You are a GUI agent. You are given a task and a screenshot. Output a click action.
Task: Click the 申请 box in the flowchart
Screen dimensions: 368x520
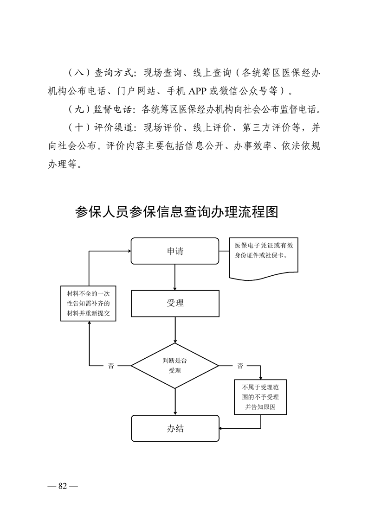click(175, 251)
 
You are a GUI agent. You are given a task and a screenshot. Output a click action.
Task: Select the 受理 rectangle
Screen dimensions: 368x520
click(175, 304)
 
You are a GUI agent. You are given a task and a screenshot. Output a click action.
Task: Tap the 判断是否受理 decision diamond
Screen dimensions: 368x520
click(175, 366)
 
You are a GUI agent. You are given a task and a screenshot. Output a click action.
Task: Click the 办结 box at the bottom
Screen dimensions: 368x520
click(175, 429)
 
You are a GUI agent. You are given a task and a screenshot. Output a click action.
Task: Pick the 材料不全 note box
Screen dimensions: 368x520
click(88, 304)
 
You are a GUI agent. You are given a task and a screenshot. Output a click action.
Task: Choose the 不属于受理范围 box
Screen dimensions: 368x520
click(260, 397)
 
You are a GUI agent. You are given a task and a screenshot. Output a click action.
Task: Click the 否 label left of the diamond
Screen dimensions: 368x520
click(111, 366)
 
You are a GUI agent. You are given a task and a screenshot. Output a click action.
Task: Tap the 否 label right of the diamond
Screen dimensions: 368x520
click(240, 366)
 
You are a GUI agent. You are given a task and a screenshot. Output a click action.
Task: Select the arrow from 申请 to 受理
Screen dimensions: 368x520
click(175, 277)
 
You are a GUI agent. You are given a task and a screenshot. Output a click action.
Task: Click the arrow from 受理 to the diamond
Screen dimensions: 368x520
click(175, 330)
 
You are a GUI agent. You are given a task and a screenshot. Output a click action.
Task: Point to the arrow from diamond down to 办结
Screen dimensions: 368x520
click(175, 402)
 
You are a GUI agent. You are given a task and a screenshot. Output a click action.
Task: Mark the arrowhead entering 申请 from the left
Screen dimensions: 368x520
click(129, 251)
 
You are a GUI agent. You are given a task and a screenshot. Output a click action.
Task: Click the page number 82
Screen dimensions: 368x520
click(63, 486)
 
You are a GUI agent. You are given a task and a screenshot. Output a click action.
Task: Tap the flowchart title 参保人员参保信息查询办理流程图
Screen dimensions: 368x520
click(176, 212)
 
